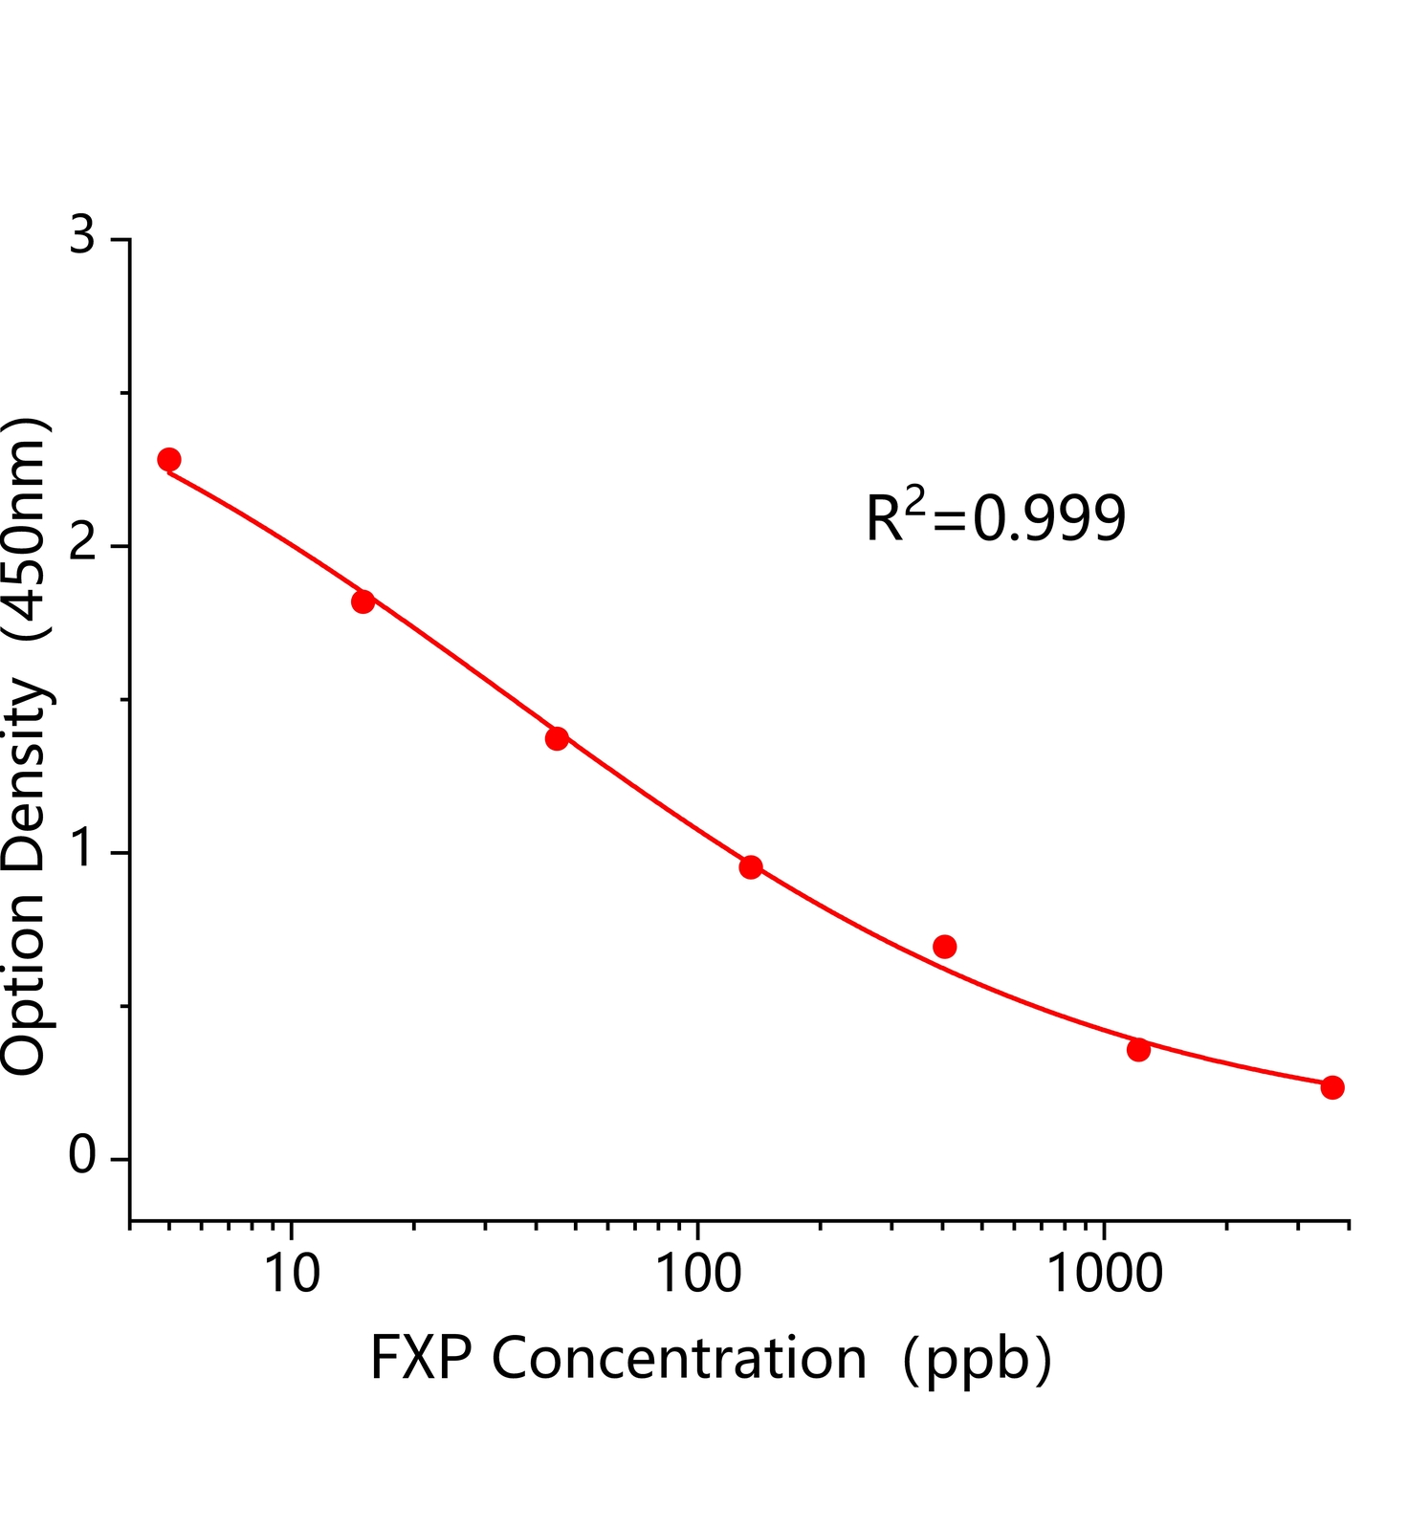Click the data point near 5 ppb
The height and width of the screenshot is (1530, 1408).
[x=169, y=459]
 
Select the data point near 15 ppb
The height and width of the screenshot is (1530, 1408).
[x=363, y=601]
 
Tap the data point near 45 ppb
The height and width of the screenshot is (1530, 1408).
[x=557, y=738]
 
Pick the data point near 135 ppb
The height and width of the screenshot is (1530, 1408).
[x=751, y=867]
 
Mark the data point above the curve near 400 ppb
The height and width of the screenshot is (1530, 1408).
[x=945, y=947]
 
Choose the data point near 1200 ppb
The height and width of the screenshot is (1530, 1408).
[x=1138, y=1050]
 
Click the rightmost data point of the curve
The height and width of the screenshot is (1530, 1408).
[x=1332, y=1087]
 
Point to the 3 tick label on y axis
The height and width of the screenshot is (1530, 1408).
[x=83, y=235]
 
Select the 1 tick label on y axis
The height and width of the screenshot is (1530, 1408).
[x=83, y=850]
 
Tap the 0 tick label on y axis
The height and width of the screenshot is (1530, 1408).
[x=83, y=1157]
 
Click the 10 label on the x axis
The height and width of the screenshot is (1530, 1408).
[x=291, y=1275]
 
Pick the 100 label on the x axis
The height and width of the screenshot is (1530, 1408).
[x=697, y=1275]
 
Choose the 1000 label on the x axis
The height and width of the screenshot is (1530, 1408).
[x=1106, y=1275]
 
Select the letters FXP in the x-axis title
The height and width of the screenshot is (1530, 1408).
[x=420, y=1359]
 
